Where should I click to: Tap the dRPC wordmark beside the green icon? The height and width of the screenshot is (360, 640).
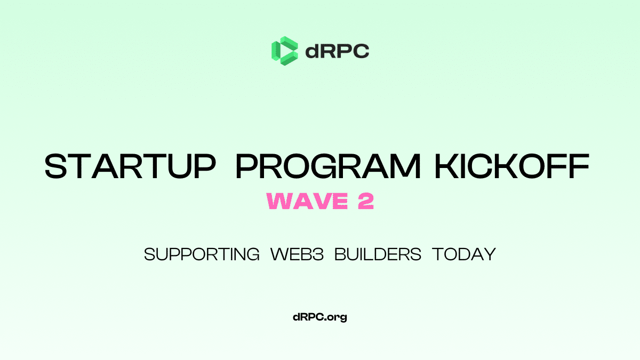(337, 51)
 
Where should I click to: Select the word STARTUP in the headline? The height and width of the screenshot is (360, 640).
(130, 167)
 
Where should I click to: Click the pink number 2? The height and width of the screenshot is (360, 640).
(365, 202)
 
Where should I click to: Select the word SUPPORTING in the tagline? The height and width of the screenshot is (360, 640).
(202, 254)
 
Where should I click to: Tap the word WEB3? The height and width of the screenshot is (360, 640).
(297, 254)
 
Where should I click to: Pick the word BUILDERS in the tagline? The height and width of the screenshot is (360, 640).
(378, 254)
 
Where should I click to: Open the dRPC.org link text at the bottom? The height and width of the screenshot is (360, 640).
(320, 317)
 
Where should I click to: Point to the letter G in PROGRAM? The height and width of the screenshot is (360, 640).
(329, 167)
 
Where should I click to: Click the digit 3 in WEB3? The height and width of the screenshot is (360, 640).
(319, 254)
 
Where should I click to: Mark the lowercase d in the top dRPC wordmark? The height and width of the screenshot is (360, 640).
(313, 51)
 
